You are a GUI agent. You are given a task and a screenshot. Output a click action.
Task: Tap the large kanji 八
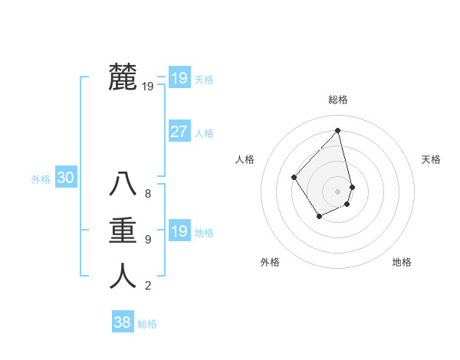pos(123,184)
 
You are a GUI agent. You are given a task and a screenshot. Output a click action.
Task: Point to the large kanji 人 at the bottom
pos(123,276)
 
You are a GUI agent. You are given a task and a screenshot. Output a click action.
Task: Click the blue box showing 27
pos(179,132)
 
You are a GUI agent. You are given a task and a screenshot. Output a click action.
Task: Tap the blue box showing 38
pos(122,322)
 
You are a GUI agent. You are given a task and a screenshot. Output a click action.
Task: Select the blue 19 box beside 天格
pos(179,78)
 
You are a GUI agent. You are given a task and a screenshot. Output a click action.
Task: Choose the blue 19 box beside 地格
pos(179,231)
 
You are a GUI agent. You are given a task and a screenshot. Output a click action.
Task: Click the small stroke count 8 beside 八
pos(148,194)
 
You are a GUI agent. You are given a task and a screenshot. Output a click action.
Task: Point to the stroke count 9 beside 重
pos(148,240)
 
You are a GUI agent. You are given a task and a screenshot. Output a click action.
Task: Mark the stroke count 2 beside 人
pos(148,286)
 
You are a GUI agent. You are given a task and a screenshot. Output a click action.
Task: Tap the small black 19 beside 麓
pos(148,87)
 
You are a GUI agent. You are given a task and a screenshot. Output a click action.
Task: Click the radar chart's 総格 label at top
pos(338,100)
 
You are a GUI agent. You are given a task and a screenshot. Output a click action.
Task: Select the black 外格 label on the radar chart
pos(270,262)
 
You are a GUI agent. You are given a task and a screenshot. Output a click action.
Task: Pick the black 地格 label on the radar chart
pos(402,262)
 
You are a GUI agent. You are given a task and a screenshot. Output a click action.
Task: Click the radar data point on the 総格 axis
pos(338,130)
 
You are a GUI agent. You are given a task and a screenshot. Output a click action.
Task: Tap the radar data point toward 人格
pos(294,177)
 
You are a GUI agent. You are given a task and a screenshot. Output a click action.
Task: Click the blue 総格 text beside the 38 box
pos(147,324)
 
